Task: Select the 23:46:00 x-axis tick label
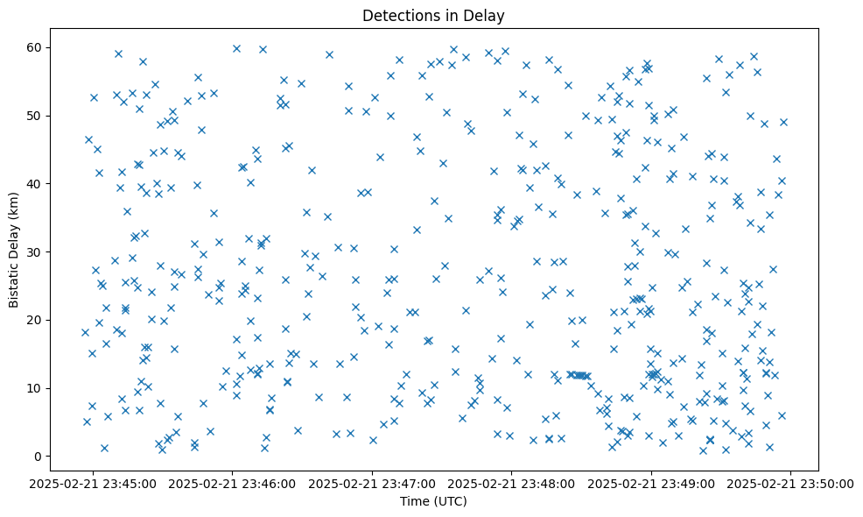[x=233, y=483]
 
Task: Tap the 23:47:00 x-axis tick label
[x=373, y=483]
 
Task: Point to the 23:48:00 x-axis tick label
[x=512, y=483]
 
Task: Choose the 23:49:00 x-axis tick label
[x=651, y=483]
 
